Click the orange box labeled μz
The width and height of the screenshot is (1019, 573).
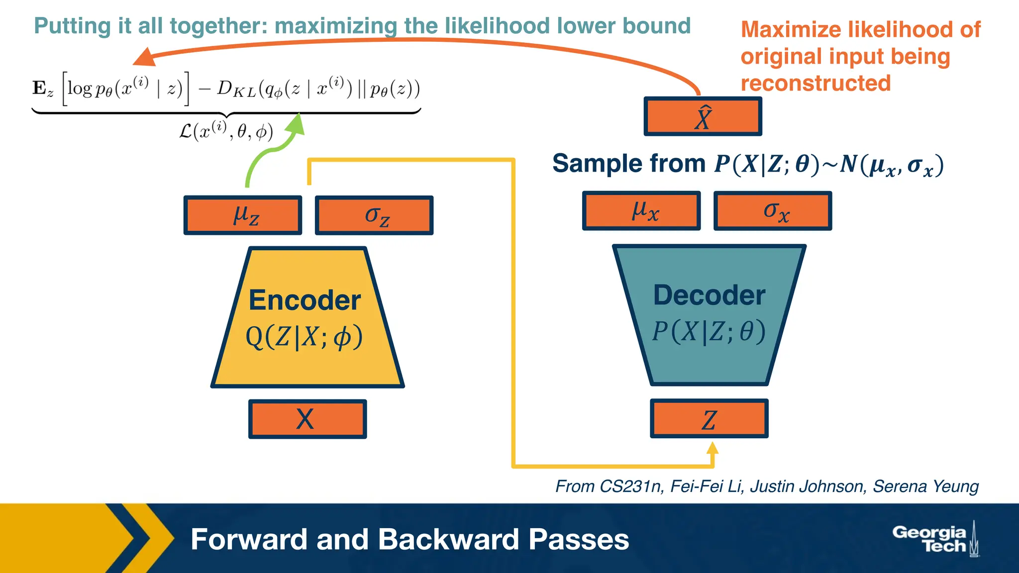243,215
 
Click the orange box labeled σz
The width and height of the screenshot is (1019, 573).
374,215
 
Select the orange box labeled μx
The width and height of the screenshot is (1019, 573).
641,210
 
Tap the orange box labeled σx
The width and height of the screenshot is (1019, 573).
773,210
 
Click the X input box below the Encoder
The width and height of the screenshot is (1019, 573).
307,419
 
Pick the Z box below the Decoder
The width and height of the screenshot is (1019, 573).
709,419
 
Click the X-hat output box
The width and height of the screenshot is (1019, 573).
703,117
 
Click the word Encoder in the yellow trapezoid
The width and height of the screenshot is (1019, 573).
305,300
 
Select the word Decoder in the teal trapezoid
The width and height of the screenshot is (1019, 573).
709,295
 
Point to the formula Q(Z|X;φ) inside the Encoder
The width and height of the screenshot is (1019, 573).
305,337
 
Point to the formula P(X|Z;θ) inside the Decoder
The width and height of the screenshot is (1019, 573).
709,332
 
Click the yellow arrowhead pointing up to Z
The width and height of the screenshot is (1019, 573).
713,449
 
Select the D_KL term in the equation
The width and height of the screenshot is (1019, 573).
237,90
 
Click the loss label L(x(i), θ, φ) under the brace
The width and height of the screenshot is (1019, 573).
226,131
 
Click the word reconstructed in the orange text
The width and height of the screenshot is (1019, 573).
815,83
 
